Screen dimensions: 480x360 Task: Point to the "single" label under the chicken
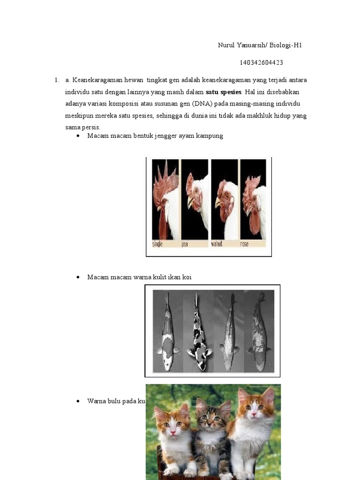point(158,244)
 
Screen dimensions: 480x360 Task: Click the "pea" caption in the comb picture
point(185,244)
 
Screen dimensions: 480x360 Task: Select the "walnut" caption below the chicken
point(217,244)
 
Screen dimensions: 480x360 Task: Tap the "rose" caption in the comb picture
point(244,244)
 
